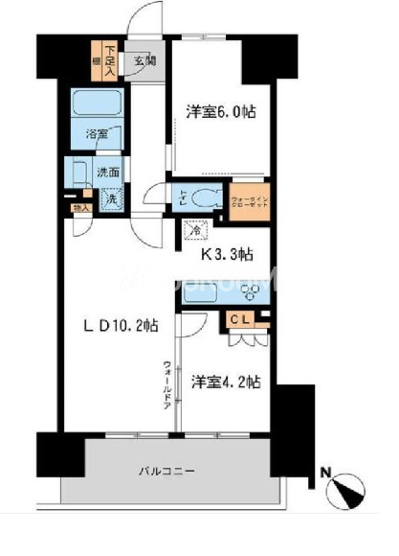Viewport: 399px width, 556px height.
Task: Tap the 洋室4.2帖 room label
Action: coord(225,383)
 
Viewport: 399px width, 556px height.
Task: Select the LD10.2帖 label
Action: coord(120,326)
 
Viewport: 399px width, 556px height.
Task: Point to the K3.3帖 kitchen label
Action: coord(227,256)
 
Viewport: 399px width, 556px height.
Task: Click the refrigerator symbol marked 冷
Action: coord(195,230)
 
